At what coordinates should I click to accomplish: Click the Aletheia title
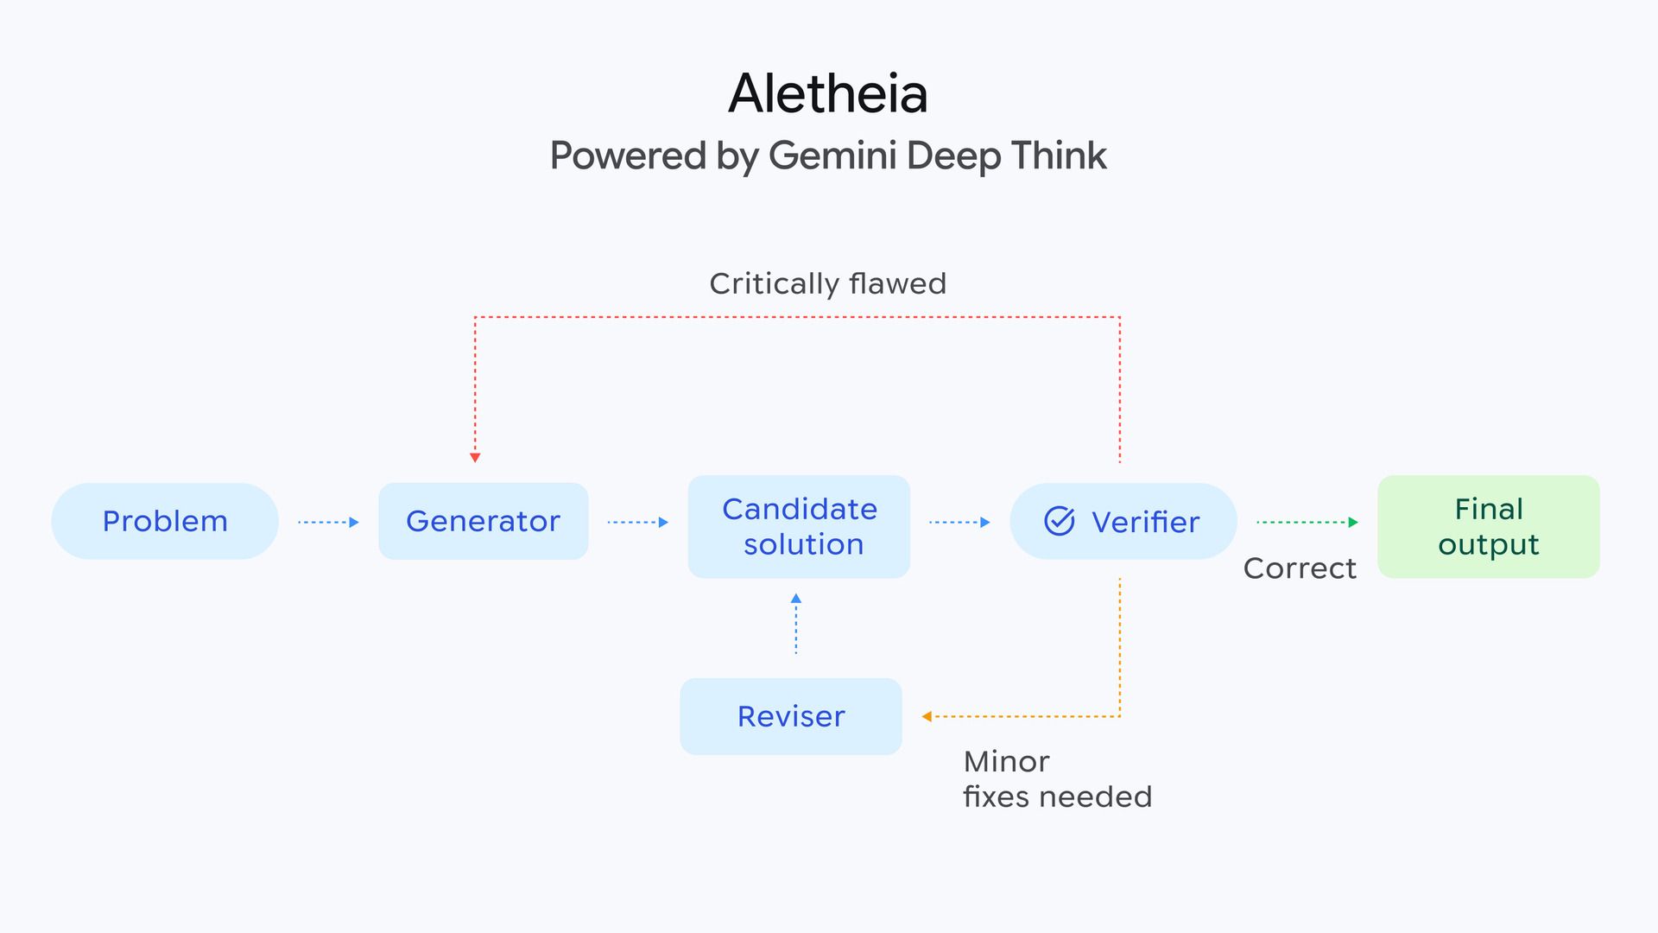point(827,93)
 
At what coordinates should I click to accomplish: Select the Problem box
point(165,521)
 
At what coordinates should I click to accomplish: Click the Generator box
point(483,521)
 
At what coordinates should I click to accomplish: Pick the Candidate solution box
point(799,526)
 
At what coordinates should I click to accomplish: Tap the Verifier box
point(1123,521)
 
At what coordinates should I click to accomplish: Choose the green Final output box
point(1488,526)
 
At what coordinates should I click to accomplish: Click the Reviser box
point(791,716)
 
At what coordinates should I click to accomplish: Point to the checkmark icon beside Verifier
point(1060,521)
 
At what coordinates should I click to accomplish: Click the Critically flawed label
point(827,283)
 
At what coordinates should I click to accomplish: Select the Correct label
point(1300,568)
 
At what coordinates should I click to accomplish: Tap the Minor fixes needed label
point(1057,778)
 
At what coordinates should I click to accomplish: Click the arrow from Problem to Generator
point(328,522)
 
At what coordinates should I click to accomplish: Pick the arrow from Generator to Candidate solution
point(638,522)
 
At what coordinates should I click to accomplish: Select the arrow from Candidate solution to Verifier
point(959,522)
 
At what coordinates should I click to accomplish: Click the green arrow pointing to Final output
point(1307,522)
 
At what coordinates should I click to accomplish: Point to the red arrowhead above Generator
point(475,457)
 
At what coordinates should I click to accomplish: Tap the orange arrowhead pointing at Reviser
point(927,716)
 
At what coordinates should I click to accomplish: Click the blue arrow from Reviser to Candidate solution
point(796,624)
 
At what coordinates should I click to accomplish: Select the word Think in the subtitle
point(1059,156)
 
